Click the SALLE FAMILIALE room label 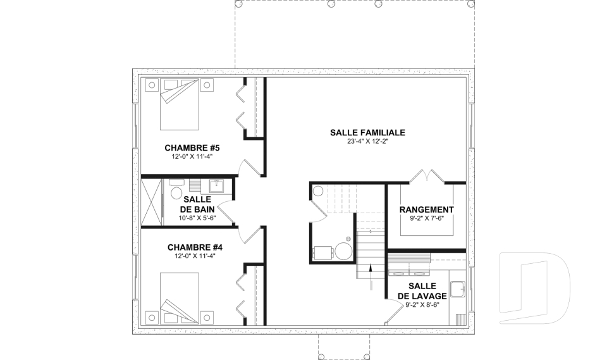[x=367, y=132]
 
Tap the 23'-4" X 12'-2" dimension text [x=367, y=142]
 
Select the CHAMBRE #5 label [x=192, y=148]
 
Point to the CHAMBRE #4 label [x=195, y=247]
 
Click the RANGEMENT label [x=427, y=209]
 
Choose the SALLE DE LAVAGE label [x=422, y=291]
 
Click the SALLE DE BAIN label [x=197, y=204]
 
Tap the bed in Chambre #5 [x=179, y=104]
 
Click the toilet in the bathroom [x=176, y=192]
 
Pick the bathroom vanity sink [x=220, y=186]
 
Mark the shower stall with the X [x=151, y=201]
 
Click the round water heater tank [x=343, y=251]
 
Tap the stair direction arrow [x=371, y=276]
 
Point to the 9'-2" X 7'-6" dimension [x=427, y=218]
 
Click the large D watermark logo [x=535, y=288]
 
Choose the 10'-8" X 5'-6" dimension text [x=197, y=218]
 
